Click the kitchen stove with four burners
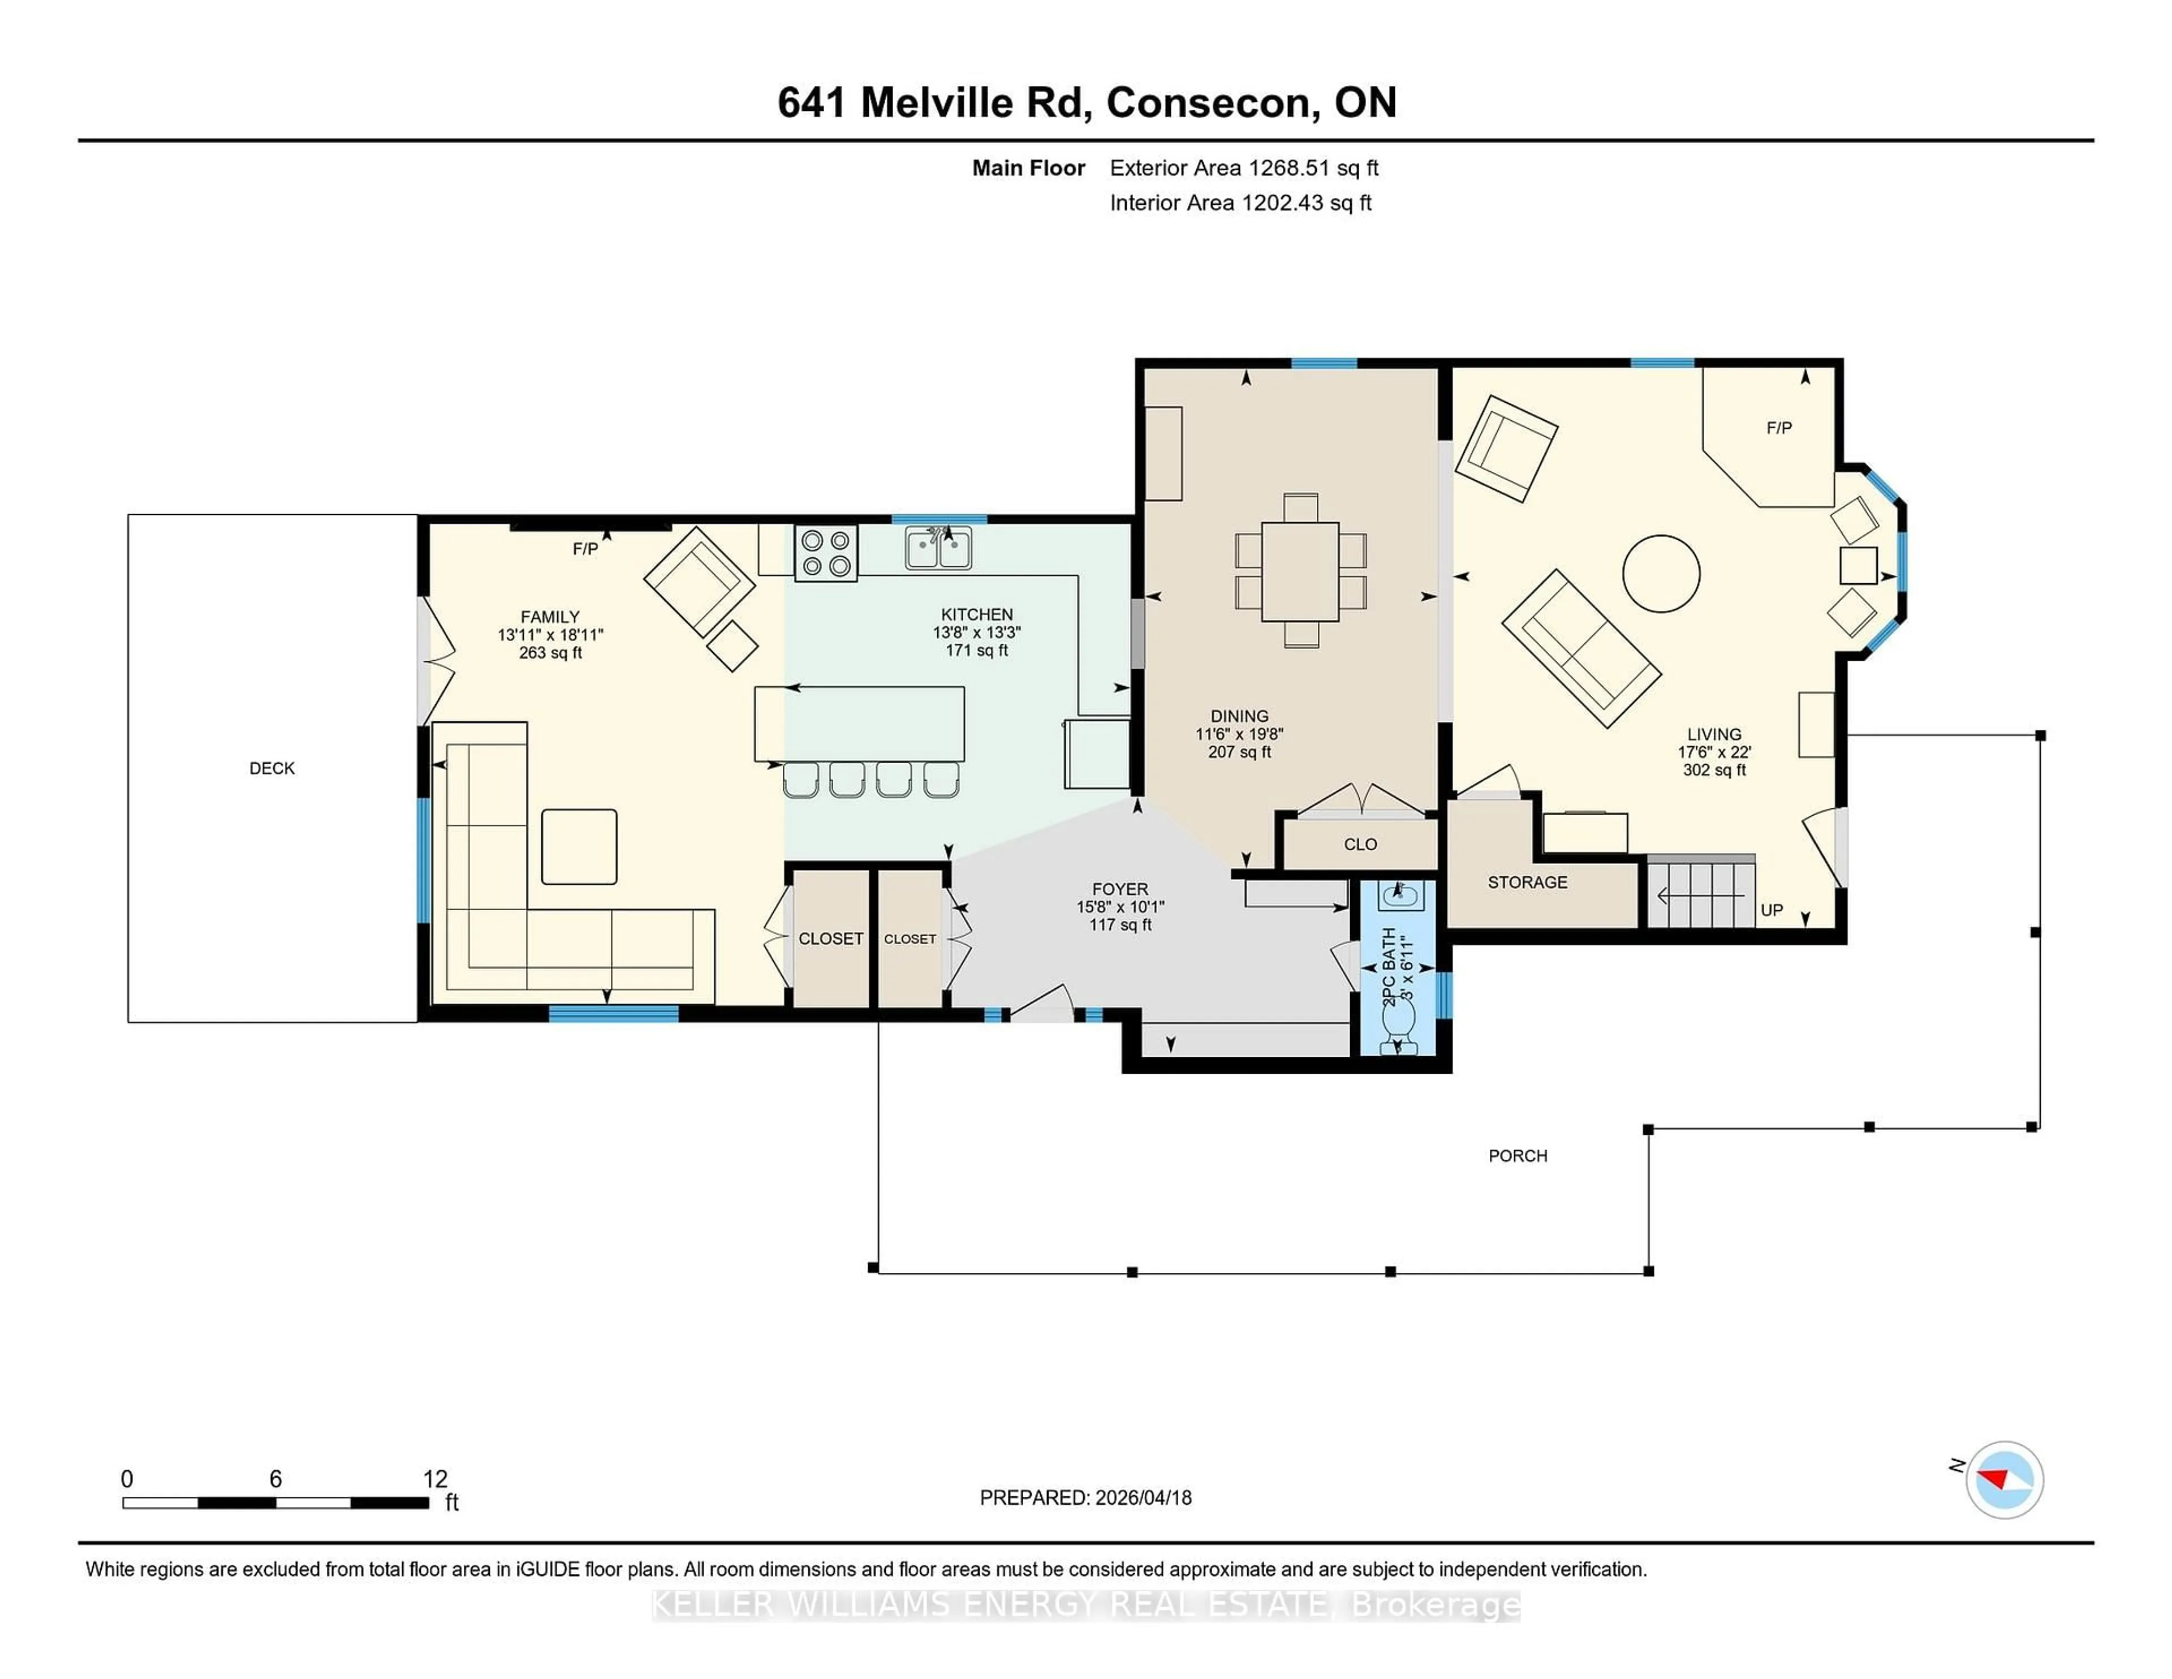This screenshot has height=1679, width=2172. [x=825, y=553]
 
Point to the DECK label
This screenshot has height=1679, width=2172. [x=271, y=768]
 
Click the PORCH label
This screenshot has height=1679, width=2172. [x=1518, y=1156]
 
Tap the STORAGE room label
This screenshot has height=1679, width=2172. [x=1527, y=882]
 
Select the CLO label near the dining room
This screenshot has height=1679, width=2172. [x=1360, y=845]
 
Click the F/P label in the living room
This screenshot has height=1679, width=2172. [x=1778, y=428]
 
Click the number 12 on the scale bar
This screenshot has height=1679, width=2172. [x=434, y=1479]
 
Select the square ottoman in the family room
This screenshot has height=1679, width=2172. [x=579, y=846]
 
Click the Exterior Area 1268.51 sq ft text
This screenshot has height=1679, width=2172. [x=1243, y=168]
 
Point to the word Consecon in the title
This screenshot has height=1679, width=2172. [x=1212, y=102]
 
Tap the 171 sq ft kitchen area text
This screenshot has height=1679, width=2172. [x=977, y=651]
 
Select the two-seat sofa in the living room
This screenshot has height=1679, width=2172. [x=1580, y=648]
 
